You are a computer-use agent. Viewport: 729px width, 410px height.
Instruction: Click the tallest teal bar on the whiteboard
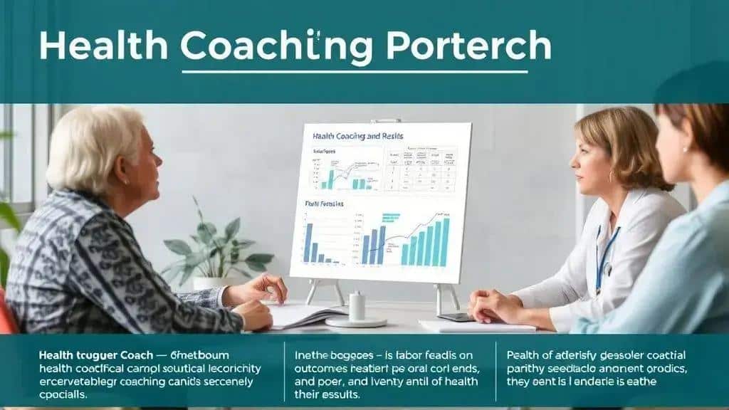pos(445,242)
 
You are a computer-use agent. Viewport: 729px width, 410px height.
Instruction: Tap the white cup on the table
pos(357,307)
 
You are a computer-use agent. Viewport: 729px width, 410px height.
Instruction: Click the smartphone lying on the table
pos(456,317)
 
